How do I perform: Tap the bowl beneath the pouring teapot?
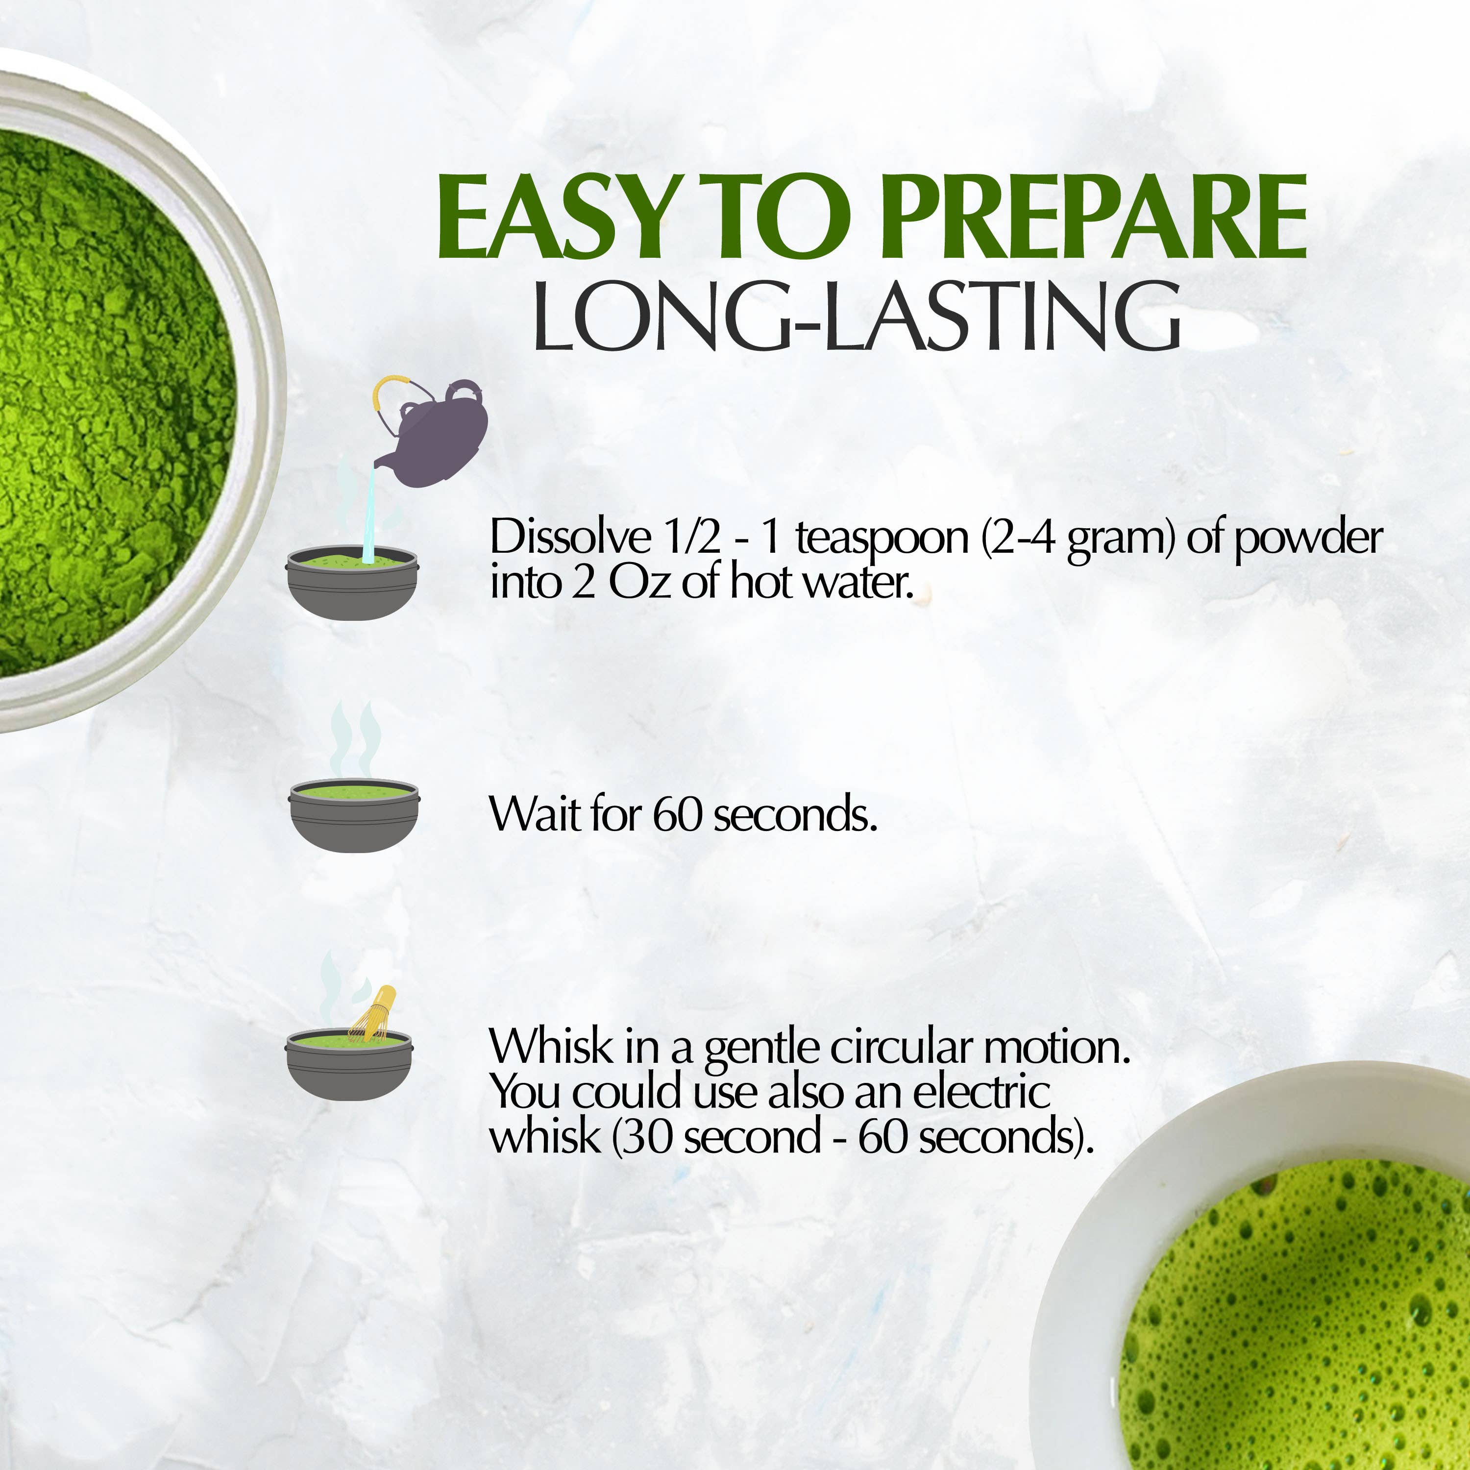pyautogui.click(x=351, y=586)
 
